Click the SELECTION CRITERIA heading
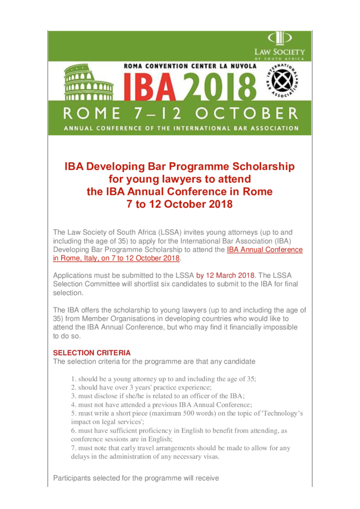92,353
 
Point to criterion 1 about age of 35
163,379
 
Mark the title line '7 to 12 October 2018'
180,204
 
